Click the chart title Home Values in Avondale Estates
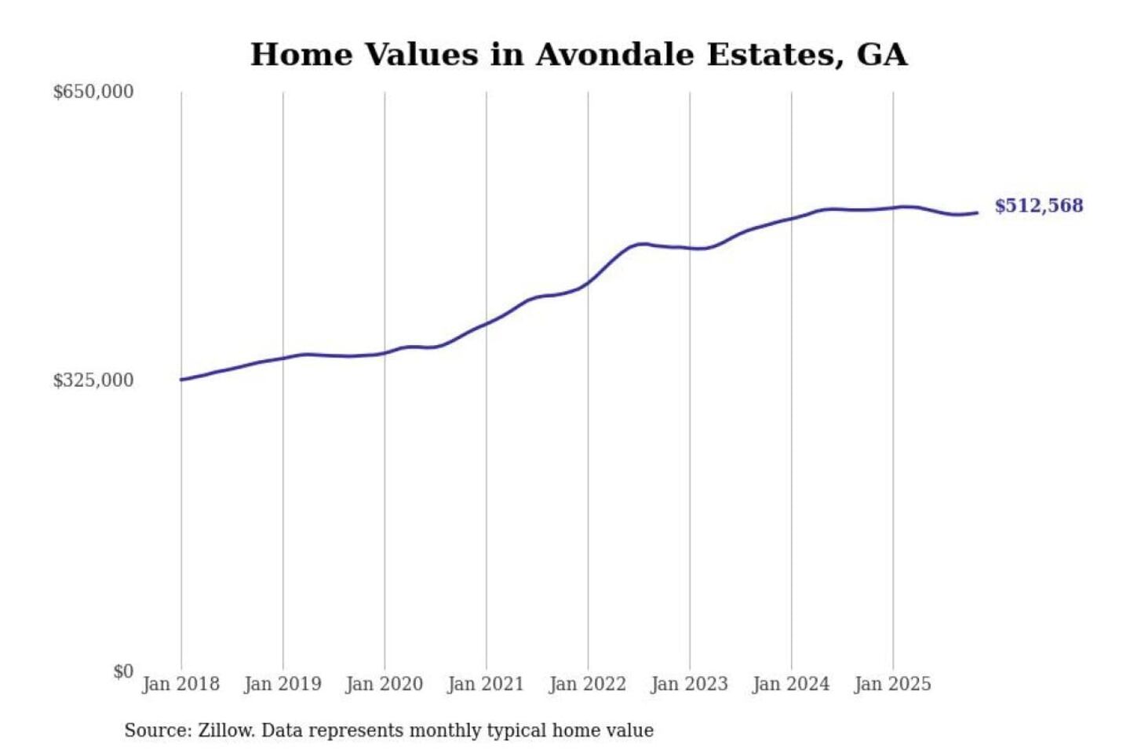pyautogui.click(x=578, y=55)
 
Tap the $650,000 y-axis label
pyautogui.click(x=93, y=92)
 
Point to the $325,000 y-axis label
pyautogui.click(x=93, y=380)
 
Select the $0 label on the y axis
pyautogui.click(x=123, y=671)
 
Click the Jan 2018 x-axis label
pyautogui.click(x=180, y=684)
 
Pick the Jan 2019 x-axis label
pyautogui.click(x=282, y=684)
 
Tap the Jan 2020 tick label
pyautogui.click(x=384, y=684)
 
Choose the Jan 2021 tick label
pyautogui.click(x=486, y=684)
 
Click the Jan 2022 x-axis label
pyautogui.click(x=588, y=684)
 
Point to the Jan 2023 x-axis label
pyautogui.click(x=689, y=684)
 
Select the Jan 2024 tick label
pyautogui.click(x=791, y=684)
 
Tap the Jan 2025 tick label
pyautogui.click(x=892, y=684)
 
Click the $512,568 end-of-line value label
pyautogui.click(x=1038, y=206)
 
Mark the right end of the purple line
pyautogui.click(x=977, y=213)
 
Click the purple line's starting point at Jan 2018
pyautogui.click(x=181, y=380)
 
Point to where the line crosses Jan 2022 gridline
pyautogui.click(x=588, y=282)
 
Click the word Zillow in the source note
pyautogui.click(x=226, y=730)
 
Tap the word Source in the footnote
pyautogui.click(x=157, y=730)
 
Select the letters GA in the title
pyautogui.click(x=882, y=55)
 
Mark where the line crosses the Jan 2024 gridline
pyautogui.click(x=791, y=218)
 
